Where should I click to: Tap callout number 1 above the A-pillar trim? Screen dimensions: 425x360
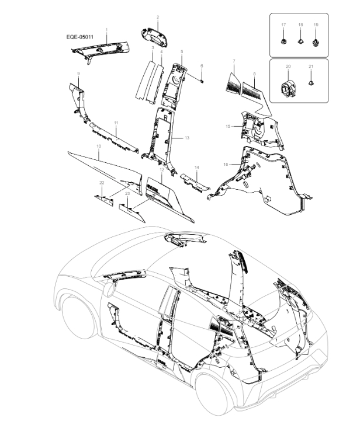[106, 29]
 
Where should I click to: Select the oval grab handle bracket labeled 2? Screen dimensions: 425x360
[156, 34]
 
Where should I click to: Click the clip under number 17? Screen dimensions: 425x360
[283, 41]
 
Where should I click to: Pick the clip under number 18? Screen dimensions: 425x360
[300, 41]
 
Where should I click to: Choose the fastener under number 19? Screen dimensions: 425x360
[316, 41]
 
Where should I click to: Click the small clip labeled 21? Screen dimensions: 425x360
[311, 83]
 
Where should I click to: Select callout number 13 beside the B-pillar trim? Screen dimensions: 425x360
[187, 138]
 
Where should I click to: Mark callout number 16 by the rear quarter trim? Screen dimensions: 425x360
[226, 165]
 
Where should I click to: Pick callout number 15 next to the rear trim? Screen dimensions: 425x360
[228, 126]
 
